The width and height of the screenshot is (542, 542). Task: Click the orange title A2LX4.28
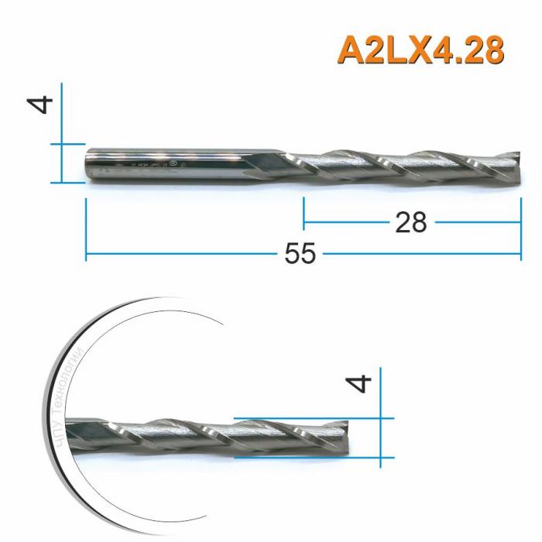click(420, 50)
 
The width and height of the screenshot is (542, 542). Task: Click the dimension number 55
click(300, 254)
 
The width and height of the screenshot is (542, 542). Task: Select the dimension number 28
click(410, 222)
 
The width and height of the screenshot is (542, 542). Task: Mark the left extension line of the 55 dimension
click(85, 228)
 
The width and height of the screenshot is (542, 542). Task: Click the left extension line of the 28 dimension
click(304, 213)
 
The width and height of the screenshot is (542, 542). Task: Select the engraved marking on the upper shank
click(155, 166)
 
